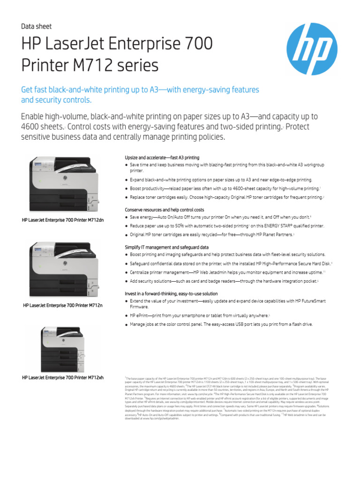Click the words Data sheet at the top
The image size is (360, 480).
pos(37,27)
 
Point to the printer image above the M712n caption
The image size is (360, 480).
pos(64,270)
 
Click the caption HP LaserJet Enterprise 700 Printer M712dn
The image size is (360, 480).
pos(63,219)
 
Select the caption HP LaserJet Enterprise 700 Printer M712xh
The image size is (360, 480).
pos(63,377)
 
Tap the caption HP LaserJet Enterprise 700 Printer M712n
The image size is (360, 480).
pos(63,306)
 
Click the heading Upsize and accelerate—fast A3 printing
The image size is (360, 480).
pos(162,157)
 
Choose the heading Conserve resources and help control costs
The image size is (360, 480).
pos(164,210)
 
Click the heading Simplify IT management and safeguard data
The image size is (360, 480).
pos(166,247)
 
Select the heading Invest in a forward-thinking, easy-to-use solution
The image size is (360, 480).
pos(171,293)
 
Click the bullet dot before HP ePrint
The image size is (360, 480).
pos(127,316)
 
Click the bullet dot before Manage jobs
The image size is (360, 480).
pos(127,325)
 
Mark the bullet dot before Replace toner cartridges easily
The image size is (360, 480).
pos(127,198)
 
